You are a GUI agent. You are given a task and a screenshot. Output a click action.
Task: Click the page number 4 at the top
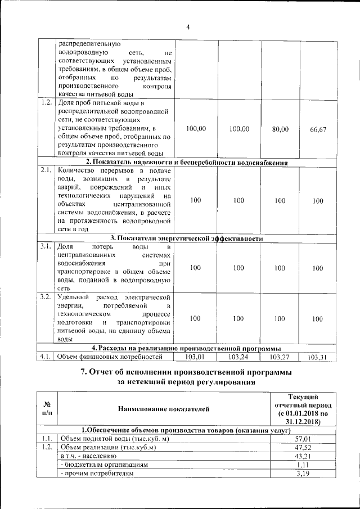pos(188,26)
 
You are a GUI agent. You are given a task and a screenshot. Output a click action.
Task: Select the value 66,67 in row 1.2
pos(318,129)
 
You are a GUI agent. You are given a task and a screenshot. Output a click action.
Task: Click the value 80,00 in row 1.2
pos(280,129)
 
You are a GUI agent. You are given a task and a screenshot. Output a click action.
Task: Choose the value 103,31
pos(318,357)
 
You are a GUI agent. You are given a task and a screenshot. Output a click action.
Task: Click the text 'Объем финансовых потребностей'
pos(111,357)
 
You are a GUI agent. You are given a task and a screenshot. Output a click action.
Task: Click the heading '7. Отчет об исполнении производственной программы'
pos(187,372)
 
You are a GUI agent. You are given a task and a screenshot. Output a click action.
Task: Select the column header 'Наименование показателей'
pos(164,409)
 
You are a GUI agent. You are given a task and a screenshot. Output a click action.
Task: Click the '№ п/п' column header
pos(47,409)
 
